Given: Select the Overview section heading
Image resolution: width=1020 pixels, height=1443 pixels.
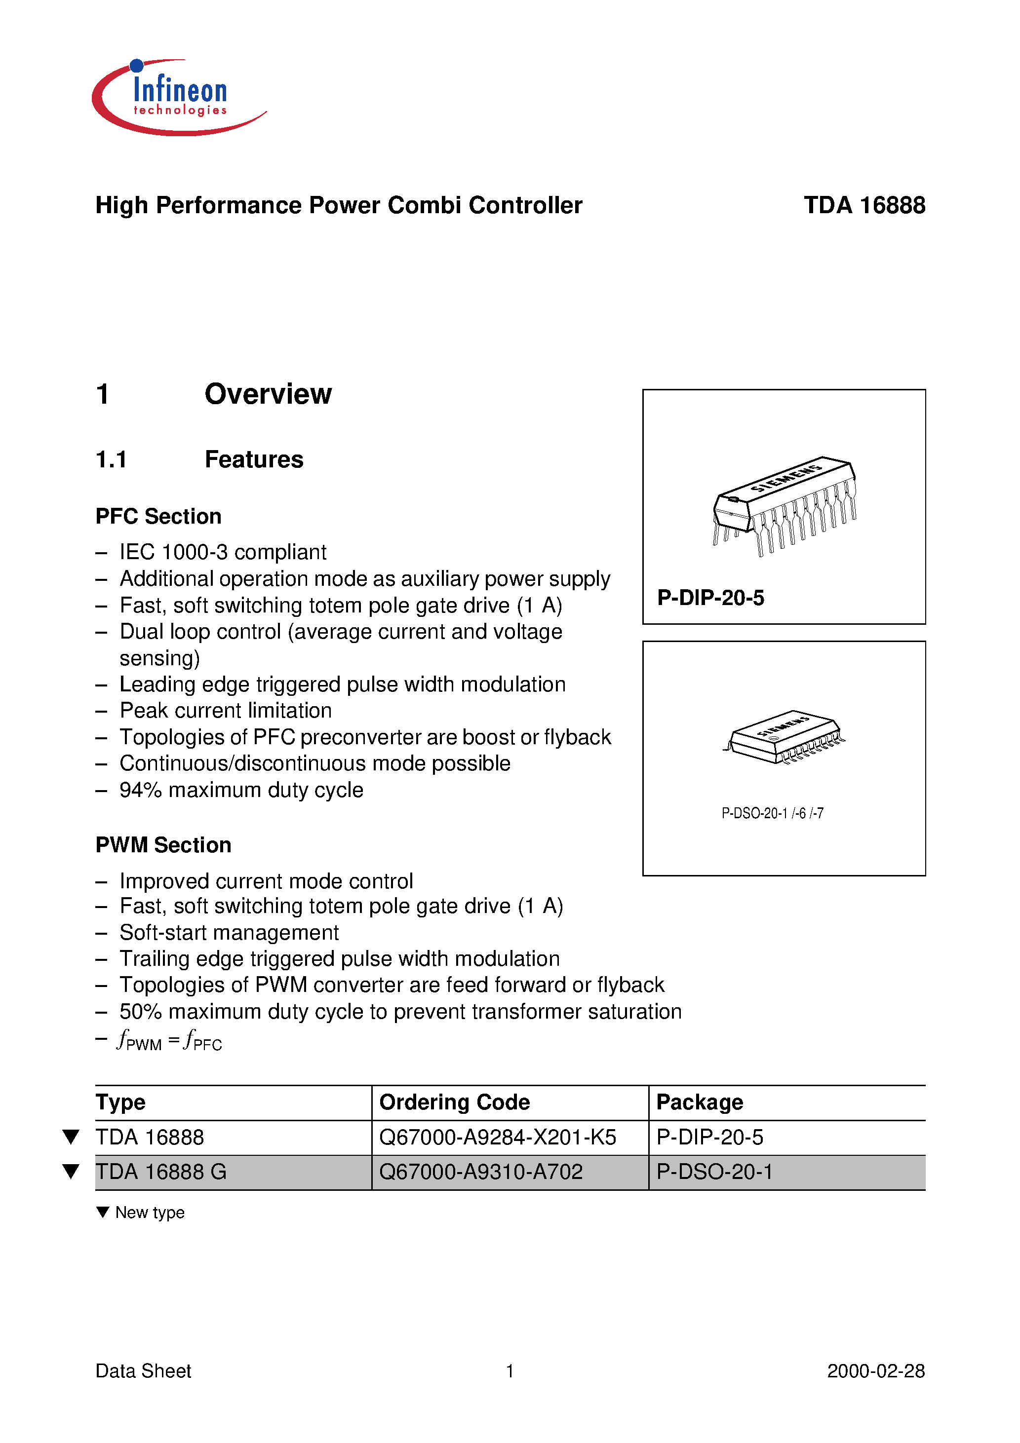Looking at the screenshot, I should click(x=268, y=394).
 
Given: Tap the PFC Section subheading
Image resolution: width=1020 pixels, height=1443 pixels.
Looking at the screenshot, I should click(x=158, y=516).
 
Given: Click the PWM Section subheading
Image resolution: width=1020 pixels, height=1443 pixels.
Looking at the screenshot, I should click(x=163, y=845).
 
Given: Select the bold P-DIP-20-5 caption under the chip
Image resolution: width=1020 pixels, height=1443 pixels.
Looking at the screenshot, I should click(x=710, y=598).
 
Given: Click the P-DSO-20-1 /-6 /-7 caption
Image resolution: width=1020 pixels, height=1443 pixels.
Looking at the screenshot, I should click(x=772, y=813).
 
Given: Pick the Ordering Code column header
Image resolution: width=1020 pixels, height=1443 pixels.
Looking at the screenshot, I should click(x=455, y=1102).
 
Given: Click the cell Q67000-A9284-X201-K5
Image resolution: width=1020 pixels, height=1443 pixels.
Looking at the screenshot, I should click(x=498, y=1138).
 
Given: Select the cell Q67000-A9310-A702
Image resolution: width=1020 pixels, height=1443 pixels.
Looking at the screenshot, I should click(x=481, y=1172).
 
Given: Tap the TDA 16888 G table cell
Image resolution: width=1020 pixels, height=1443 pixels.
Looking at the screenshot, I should click(x=161, y=1172).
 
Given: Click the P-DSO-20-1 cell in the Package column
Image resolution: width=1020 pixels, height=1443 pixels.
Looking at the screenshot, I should click(x=714, y=1172).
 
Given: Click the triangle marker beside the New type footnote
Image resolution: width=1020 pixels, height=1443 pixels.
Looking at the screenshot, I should click(x=103, y=1212).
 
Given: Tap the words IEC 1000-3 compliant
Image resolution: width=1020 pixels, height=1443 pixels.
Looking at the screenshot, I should click(x=223, y=552).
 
